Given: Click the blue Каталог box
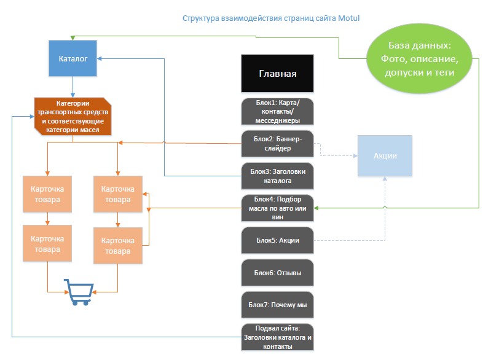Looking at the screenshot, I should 73,58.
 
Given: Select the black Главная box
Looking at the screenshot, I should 278,73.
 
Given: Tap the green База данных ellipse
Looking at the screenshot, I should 420,60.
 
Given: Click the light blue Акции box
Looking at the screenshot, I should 385,156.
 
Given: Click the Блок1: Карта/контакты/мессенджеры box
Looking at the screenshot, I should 278,111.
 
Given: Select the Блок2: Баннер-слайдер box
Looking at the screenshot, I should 278,144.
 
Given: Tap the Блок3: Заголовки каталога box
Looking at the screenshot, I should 278,176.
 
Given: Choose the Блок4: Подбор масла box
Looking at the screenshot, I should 278,208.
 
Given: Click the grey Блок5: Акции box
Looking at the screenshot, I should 278,240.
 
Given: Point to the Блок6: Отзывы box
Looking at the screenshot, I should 278,272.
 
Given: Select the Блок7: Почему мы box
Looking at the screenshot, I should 278,304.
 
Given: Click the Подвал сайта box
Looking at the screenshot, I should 278,337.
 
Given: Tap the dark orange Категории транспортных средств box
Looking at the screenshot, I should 73,116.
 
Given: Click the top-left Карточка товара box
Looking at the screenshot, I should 47,195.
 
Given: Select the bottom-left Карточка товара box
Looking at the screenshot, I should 47,244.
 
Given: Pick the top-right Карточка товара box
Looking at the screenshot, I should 117,195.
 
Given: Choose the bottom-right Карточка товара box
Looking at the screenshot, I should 117,246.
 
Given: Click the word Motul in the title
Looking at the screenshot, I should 348,18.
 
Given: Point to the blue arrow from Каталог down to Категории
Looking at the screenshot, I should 73,87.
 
